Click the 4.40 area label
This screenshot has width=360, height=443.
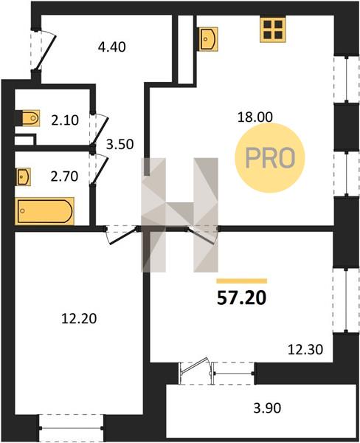[112, 47]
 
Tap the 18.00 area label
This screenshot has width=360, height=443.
[255, 117]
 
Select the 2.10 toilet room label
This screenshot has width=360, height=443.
[65, 120]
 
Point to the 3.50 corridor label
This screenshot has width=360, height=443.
[120, 145]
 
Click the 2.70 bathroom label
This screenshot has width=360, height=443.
[64, 176]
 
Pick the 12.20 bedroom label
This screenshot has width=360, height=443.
[79, 319]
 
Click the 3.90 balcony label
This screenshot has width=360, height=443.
[267, 408]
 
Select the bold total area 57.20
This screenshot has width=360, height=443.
[242, 298]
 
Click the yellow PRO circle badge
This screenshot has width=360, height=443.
[270, 158]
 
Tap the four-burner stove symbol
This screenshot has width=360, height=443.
[273, 30]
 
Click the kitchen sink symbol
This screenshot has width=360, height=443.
[209, 39]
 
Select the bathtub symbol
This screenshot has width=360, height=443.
[44, 211]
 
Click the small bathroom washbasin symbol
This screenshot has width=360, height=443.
[23, 177]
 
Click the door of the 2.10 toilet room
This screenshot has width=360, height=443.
[99, 128]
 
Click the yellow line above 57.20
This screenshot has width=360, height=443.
[242, 281]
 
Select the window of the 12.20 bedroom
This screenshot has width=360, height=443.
[71, 428]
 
